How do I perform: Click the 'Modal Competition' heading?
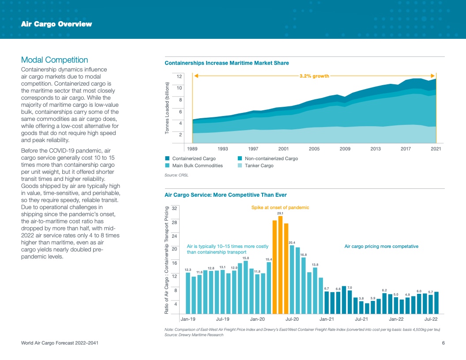pos(55,60)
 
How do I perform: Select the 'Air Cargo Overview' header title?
pos(56,24)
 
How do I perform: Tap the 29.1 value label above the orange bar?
pos(280,213)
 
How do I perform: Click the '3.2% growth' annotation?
pos(314,76)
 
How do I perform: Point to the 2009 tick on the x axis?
pos(345,149)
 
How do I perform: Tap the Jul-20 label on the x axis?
pos(292,319)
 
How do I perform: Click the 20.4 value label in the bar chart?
pos(292,243)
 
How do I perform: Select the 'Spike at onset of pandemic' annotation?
pos(280,207)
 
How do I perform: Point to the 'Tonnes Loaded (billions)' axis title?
pos(168,109)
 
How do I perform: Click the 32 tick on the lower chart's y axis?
pos(174,208)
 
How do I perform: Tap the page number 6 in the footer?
pos(443,343)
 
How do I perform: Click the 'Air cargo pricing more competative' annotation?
pos(381,246)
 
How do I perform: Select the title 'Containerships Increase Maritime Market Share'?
pos(227,63)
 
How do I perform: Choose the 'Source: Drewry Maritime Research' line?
pos(194,335)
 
